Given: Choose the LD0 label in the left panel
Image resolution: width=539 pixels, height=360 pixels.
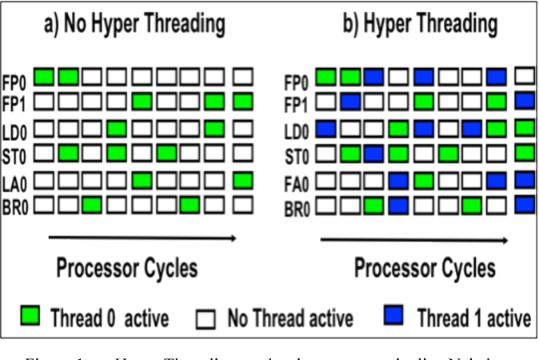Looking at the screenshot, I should [17, 129].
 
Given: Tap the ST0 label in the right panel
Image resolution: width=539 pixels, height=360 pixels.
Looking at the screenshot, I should [297, 154].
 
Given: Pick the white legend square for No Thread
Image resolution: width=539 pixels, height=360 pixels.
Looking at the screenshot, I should [206, 318].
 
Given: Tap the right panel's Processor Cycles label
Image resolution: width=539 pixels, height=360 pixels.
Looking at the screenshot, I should [425, 267].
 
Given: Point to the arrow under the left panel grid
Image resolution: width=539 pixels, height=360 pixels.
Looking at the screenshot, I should [142, 238].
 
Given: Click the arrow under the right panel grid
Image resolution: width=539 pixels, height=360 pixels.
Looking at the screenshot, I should [413, 239].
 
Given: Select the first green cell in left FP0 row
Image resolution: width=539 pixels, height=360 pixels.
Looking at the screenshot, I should [44, 77].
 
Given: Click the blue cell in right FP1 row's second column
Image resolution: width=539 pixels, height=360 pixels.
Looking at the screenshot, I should [349, 102].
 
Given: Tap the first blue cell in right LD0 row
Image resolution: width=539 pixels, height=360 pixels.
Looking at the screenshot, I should [325, 128].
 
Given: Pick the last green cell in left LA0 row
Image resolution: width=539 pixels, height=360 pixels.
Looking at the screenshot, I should [245, 180].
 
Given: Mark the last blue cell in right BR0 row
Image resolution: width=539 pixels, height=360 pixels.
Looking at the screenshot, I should [525, 206].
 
